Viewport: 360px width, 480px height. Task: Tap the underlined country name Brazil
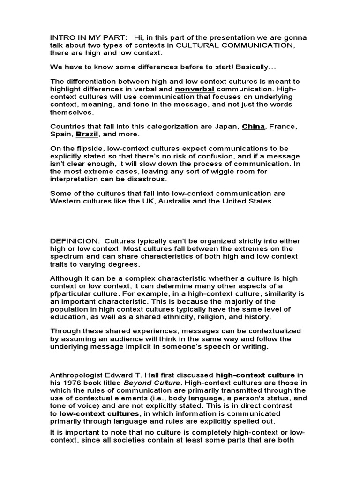pyautogui.click(x=87, y=134)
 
